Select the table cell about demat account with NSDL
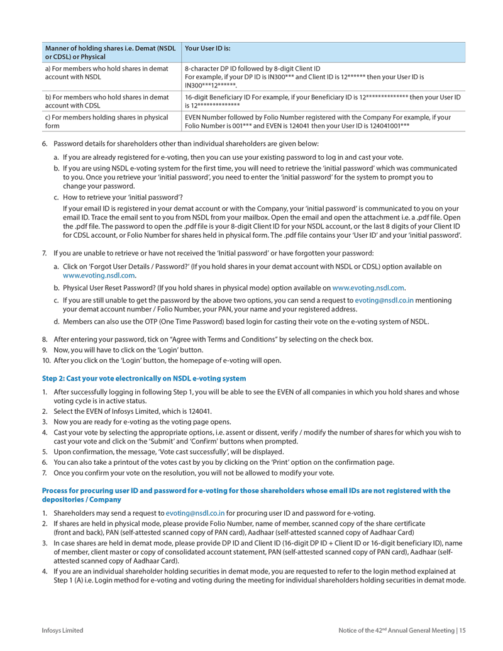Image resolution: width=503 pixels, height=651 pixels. click(x=106, y=72)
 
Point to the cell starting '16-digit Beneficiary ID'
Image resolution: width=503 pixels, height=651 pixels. click(x=323, y=101)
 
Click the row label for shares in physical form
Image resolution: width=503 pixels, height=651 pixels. click(x=106, y=121)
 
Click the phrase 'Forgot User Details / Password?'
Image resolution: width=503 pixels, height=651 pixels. click(x=162, y=267)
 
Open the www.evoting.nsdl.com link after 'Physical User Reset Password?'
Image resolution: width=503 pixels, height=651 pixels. click(x=368, y=287)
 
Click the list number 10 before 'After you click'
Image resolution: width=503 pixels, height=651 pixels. click(x=46, y=360)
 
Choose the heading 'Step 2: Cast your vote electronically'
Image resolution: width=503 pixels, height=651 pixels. click(x=144, y=378)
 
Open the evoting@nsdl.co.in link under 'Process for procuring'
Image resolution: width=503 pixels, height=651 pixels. click(x=195, y=513)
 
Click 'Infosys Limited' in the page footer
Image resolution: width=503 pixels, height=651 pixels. click(x=62, y=630)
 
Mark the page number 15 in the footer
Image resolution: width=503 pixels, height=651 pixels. click(x=462, y=630)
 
